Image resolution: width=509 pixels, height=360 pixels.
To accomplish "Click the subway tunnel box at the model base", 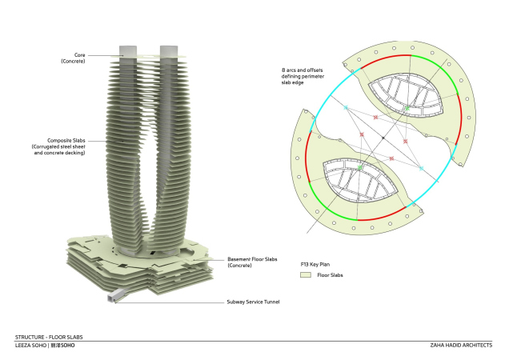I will (x=115, y=296).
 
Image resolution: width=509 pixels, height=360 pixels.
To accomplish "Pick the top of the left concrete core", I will (x=130, y=50).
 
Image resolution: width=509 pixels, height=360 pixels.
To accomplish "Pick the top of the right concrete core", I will (x=168, y=50).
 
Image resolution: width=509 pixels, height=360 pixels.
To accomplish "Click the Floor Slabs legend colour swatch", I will (x=305, y=274).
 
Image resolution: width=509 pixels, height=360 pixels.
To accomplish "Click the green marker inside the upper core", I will (x=407, y=106).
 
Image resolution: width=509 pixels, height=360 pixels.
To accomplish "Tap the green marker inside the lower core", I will (x=361, y=168).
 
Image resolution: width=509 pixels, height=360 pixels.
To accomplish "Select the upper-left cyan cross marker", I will (x=346, y=106).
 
